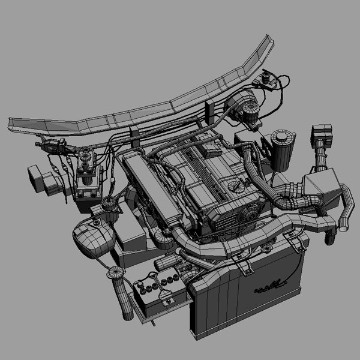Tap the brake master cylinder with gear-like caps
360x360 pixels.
tap(88, 171)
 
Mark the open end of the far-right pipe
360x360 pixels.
tap(343, 227)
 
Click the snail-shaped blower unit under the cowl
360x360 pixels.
tap(243, 106)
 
